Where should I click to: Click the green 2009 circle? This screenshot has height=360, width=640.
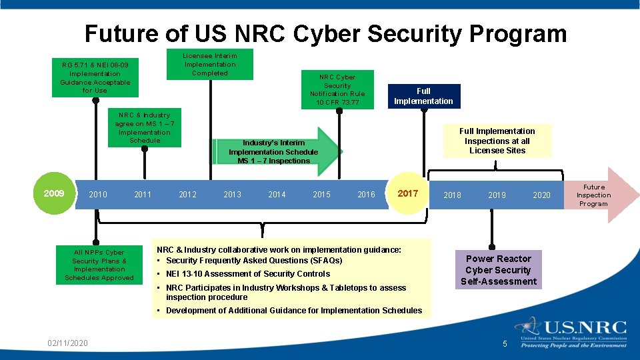54,194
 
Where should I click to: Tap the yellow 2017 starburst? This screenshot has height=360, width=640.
407,194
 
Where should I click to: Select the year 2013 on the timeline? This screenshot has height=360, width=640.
232,195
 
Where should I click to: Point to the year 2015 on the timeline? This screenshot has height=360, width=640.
321,195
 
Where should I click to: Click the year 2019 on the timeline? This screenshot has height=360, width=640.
497,195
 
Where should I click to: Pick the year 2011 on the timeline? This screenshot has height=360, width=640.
143,195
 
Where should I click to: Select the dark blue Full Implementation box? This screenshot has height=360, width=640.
423,96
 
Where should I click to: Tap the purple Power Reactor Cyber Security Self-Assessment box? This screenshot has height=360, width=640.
497,270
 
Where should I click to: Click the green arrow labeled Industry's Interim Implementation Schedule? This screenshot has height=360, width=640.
274,151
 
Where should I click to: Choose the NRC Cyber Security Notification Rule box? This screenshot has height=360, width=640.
337,89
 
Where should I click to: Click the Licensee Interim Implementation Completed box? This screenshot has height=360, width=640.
210,64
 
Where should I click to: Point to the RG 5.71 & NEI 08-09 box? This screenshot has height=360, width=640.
95,77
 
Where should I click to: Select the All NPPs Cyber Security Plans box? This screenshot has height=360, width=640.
99,265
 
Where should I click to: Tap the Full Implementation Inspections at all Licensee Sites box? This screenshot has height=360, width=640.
497,141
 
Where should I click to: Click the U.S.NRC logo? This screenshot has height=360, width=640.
571,332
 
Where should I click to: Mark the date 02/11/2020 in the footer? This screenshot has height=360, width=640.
67,343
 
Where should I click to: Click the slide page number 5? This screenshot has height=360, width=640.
505,344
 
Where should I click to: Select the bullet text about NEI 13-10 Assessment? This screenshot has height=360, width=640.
247,274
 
